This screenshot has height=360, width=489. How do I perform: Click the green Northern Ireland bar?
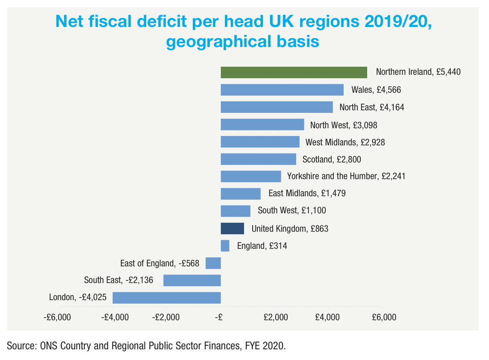coord(294,72)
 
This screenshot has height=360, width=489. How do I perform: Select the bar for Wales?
coord(282,90)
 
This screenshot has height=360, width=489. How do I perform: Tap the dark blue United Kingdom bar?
coord(232,229)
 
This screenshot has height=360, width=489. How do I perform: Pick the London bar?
coord(167,297)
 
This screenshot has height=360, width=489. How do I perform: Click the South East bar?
coord(192,280)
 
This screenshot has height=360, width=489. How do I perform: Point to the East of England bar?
coord(213,263)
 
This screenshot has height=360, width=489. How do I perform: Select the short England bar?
coord(225,246)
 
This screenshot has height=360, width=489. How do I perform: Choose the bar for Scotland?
coord(258,159)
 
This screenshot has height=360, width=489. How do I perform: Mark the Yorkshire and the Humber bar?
coord(251,176)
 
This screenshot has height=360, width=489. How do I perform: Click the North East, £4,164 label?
coord(371,107)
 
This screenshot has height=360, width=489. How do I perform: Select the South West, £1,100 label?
coord(292,211)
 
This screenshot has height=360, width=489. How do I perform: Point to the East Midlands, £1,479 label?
coord(307,193)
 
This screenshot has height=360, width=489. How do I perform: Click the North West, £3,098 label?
coord(344,125)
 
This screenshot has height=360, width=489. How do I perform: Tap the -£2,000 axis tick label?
coord(167,318)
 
